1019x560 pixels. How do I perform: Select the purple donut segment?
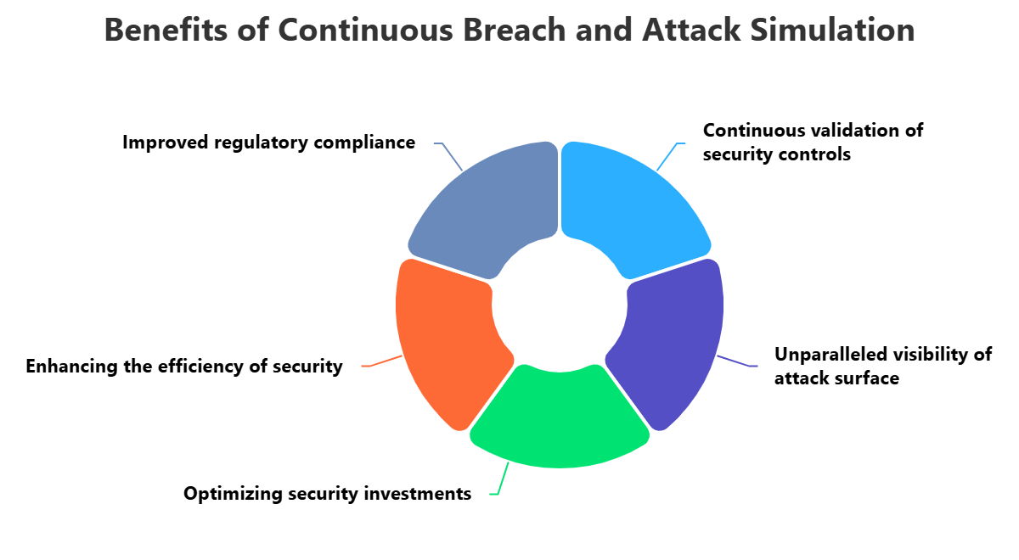tap(675, 339)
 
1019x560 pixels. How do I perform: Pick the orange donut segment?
tap(442, 339)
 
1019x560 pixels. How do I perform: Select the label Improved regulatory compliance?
tap(268, 143)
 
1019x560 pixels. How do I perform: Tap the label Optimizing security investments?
tap(327, 494)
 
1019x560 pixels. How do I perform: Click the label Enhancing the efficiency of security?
tap(184, 367)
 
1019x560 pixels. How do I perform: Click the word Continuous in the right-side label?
tap(752, 131)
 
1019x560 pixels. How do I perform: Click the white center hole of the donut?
tap(560, 305)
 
